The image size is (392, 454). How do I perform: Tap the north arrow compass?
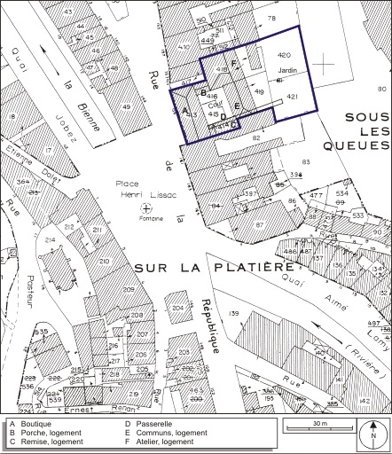[x=374, y=434]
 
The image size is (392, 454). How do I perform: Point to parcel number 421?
[x=293, y=96]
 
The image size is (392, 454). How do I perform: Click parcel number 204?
[x=178, y=308]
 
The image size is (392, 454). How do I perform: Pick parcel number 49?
[x=126, y=107]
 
